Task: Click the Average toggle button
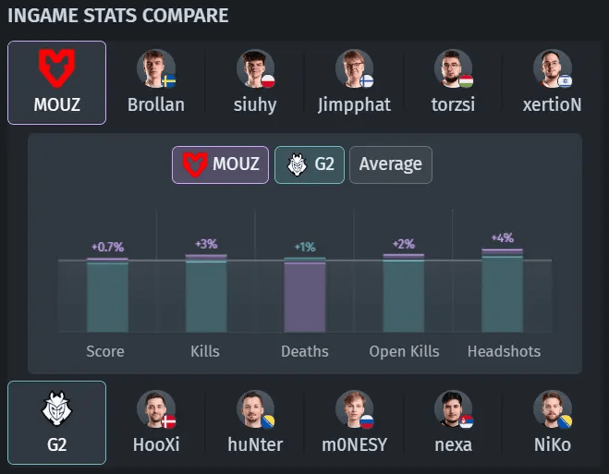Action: (391, 164)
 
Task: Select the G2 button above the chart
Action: (310, 164)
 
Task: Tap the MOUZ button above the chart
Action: (220, 164)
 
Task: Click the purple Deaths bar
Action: (305, 298)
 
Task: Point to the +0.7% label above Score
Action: (107, 247)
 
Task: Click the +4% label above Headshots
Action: (503, 237)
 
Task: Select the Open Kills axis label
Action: (404, 351)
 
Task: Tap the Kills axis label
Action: (205, 351)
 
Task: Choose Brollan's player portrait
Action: (156, 68)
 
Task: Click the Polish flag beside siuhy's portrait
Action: (268, 81)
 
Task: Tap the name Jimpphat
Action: (354, 104)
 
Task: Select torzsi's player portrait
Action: (453, 68)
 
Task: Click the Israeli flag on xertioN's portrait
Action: (565, 81)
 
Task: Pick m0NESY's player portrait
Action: (354, 409)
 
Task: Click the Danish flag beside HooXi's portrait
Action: (168, 421)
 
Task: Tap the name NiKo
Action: (553, 444)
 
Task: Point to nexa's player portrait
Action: (453, 409)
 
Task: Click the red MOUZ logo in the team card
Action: (56, 68)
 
